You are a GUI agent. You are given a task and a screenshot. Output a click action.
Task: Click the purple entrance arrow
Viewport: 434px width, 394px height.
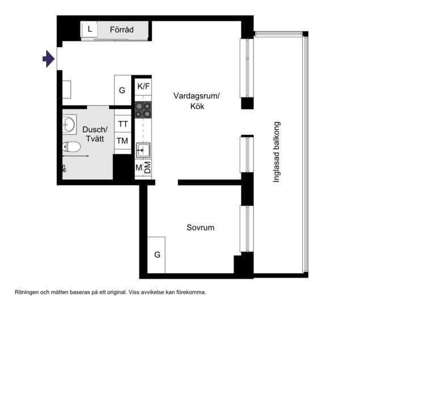pyautogui.click(x=49, y=58)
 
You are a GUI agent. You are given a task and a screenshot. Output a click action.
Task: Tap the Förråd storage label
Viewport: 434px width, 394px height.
pyautogui.click(x=122, y=30)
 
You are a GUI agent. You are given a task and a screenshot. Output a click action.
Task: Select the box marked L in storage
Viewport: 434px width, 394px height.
pyautogui.click(x=89, y=29)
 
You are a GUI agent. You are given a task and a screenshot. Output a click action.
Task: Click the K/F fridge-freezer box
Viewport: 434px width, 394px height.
pyautogui.click(x=143, y=86)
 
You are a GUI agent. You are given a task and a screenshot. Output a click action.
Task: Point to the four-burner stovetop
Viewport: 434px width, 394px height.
pyautogui.click(x=143, y=110)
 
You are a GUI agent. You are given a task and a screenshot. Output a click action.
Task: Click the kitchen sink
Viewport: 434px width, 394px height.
pyautogui.click(x=143, y=150)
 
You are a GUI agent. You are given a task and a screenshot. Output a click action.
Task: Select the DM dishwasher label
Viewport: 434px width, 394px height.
pyautogui.click(x=148, y=168)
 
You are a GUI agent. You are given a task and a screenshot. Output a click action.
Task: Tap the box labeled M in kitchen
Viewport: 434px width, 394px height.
pyautogui.click(x=139, y=168)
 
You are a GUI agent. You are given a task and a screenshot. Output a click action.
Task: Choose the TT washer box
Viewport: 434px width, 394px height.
pyautogui.click(x=123, y=124)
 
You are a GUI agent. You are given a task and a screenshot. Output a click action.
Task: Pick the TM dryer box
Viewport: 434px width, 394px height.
pyautogui.click(x=123, y=141)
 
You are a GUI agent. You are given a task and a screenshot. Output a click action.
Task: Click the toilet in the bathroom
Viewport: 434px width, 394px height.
pyautogui.click(x=72, y=147)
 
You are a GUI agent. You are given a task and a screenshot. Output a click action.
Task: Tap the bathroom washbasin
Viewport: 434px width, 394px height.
pyautogui.click(x=69, y=124)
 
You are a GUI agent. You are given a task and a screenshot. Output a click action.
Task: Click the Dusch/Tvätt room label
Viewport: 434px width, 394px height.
pyautogui.click(x=94, y=135)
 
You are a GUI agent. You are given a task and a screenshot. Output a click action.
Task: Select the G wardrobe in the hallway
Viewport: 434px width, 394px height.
pyautogui.click(x=122, y=90)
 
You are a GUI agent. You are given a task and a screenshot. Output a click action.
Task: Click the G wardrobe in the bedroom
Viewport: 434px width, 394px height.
pyautogui.click(x=157, y=255)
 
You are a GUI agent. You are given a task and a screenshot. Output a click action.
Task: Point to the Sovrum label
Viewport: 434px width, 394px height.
pyautogui.click(x=201, y=228)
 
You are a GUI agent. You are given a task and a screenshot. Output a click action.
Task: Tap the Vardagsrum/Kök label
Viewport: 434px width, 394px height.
pyautogui.click(x=197, y=101)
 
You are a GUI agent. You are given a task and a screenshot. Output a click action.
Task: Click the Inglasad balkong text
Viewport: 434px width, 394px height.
pyautogui.click(x=277, y=152)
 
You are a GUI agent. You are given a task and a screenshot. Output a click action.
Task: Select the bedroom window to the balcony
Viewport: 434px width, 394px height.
pyautogui.click(x=246, y=229)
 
